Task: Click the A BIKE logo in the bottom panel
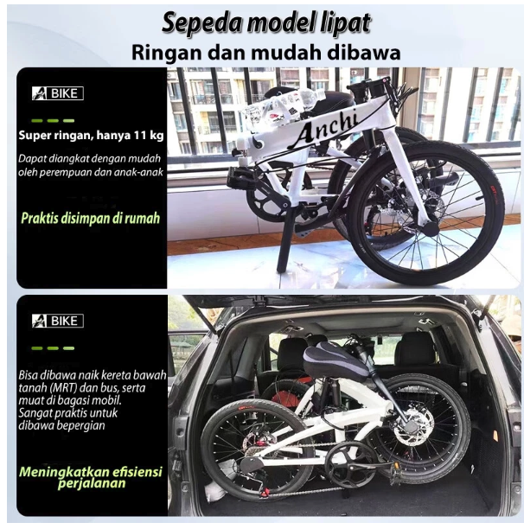tap(57, 321)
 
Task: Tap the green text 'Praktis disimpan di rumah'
tap(91, 218)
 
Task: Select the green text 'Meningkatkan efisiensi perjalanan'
tap(91, 476)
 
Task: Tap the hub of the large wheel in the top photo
tap(430, 226)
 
